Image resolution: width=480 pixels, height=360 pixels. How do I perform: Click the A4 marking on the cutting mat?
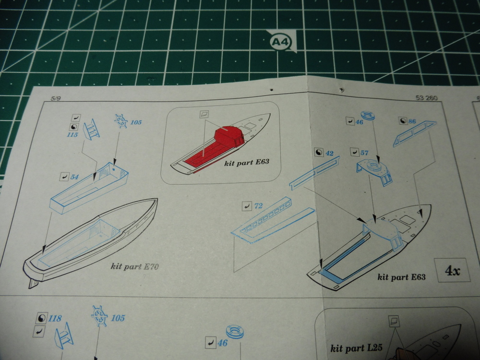(280, 42)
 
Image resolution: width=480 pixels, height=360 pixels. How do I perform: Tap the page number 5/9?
(55, 98)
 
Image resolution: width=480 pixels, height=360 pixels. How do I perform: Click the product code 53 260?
(426, 98)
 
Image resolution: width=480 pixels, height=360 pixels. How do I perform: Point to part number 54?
(74, 177)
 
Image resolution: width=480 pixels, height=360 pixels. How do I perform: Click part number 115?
(72, 135)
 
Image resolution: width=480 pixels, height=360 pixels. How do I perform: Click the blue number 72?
(258, 206)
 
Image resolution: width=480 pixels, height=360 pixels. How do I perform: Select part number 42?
(329, 153)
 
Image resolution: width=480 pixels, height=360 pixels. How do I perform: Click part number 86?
(412, 121)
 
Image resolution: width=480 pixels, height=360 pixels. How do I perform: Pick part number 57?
(364, 153)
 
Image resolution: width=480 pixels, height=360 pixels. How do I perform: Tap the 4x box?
(452, 270)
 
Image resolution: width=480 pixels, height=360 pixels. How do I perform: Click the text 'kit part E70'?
(135, 266)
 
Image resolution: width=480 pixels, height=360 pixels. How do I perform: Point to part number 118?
(55, 319)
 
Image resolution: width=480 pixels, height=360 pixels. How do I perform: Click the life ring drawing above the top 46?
(371, 115)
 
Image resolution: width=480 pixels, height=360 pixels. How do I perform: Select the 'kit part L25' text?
(356, 348)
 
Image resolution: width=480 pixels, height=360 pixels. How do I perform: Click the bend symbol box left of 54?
(64, 177)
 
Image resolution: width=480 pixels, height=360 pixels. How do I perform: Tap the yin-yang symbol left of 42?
(319, 153)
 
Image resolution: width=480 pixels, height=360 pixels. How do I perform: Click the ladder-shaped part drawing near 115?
(91, 129)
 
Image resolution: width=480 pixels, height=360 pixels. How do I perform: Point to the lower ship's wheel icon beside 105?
(99, 316)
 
